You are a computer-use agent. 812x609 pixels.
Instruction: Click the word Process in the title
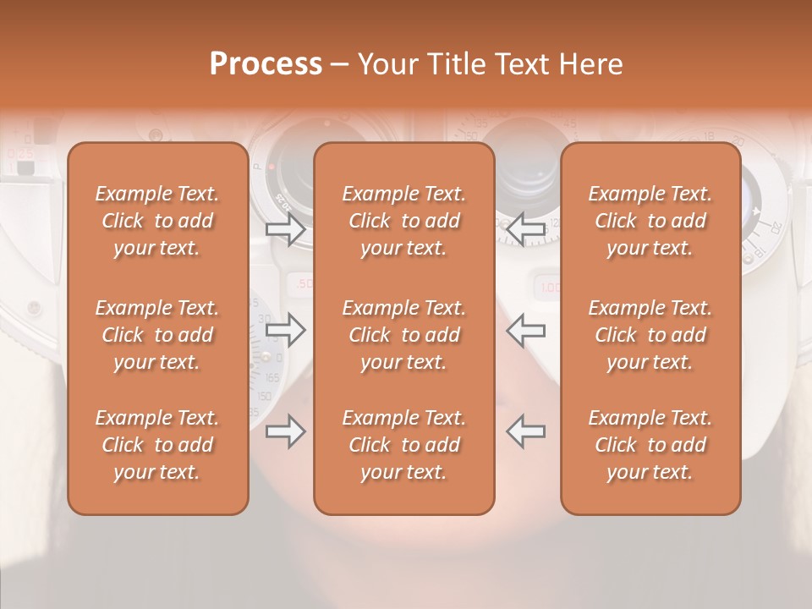tap(266, 63)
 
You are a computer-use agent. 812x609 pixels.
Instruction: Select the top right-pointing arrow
tap(285, 228)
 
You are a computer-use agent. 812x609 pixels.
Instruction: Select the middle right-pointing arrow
tap(285, 330)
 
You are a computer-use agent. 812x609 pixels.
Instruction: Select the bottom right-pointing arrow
tap(285, 432)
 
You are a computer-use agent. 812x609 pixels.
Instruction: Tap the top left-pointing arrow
tap(526, 227)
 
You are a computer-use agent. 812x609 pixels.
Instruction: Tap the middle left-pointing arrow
tap(526, 330)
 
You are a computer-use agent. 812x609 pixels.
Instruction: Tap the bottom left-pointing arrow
tap(526, 431)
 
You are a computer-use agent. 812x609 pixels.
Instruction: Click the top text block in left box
tap(157, 221)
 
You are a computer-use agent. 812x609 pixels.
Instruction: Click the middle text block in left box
tap(157, 335)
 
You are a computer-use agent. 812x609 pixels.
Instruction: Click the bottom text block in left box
tap(157, 445)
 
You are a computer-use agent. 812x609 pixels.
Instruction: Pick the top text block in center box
tap(404, 221)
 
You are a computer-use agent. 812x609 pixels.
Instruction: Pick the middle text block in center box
tap(404, 335)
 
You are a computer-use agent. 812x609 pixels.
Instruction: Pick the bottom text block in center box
tap(404, 445)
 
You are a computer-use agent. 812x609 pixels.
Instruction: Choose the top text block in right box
tap(650, 221)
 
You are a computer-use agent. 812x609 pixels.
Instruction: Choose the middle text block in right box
tap(650, 335)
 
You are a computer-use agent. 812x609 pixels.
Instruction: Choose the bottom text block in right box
tap(650, 445)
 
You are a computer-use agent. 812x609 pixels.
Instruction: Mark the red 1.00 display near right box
tap(550, 287)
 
